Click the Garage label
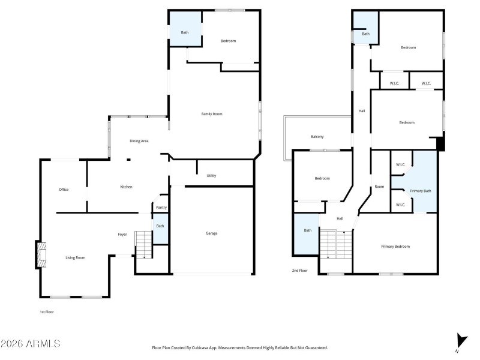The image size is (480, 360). coord(211,233)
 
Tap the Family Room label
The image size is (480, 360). coord(211,113)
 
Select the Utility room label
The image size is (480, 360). coord(211,176)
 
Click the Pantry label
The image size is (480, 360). coord(161,208)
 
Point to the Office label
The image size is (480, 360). coord(64,190)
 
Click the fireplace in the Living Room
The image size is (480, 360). coord(40,255)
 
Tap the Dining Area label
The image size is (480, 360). coord(139,141)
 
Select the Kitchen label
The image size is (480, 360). coord(126,187)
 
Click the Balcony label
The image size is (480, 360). coord(317,137)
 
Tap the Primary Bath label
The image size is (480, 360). coord(420,191)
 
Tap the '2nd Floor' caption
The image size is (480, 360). coord(299,271)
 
